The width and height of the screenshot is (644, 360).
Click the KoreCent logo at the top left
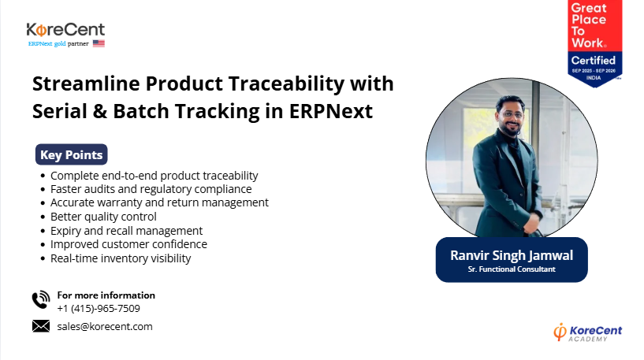click(65, 35)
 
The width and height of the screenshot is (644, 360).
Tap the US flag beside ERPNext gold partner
click(99, 43)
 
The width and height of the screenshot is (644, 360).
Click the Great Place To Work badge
click(594, 43)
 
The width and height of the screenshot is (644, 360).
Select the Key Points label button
click(72, 154)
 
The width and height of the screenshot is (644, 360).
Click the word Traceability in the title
click(286, 84)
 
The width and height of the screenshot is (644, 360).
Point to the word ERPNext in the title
click(330, 111)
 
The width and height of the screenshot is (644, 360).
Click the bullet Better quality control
click(103, 217)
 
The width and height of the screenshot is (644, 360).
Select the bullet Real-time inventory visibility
click(121, 258)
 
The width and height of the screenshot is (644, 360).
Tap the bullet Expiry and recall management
click(126, 231)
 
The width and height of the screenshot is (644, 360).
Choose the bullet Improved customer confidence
click(129, 244)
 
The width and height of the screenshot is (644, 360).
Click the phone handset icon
click(41, 299)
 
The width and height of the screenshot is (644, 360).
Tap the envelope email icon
click(41, 326)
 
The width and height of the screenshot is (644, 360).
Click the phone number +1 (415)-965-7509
click(99, 308)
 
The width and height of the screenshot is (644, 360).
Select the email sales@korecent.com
click(105, 326)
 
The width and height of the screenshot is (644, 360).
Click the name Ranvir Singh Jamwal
click(512, 255)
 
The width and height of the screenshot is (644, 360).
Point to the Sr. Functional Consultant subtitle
click(512, 269)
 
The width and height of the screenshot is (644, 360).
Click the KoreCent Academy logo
click(588, 332)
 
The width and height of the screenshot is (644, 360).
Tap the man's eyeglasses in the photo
click(511, 114)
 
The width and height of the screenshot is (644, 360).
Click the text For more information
click(106, 295)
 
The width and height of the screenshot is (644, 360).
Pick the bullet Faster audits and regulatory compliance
click(151, 189)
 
